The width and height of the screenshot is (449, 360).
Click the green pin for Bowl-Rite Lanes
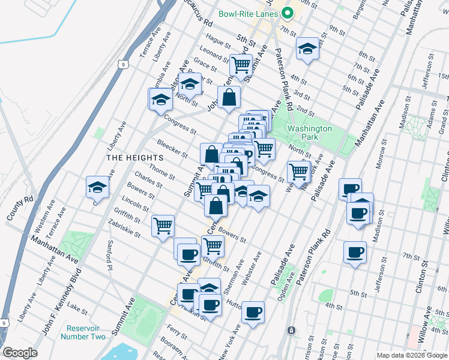287,13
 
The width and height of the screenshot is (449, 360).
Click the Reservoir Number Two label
83,332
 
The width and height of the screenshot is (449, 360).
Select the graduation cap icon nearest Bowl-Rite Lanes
307,49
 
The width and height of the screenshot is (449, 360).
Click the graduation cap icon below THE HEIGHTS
97,187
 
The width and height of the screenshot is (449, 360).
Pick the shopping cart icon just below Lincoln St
163,226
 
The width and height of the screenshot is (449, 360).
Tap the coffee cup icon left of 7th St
354,251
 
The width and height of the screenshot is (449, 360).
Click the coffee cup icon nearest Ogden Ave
253,311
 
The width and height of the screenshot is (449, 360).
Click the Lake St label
77,307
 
